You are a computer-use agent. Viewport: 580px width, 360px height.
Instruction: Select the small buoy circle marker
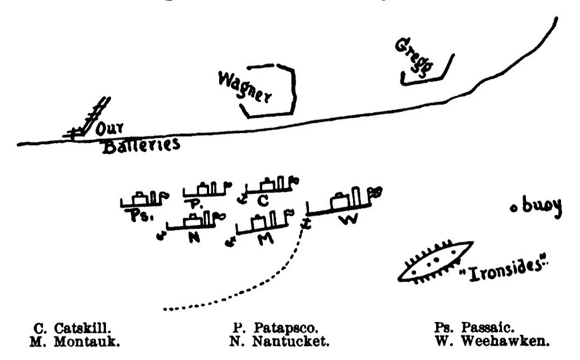tap(514, 208)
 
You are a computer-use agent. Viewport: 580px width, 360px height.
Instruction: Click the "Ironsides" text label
tap(502, 270)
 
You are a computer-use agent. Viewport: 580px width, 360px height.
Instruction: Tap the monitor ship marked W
tap(341, 203)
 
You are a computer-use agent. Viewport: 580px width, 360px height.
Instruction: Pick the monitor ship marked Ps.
tap(144, 199)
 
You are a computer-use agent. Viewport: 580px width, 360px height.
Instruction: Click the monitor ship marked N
tap(194, 220)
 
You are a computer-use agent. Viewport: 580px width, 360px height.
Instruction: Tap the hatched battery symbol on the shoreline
tap(89, 120)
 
